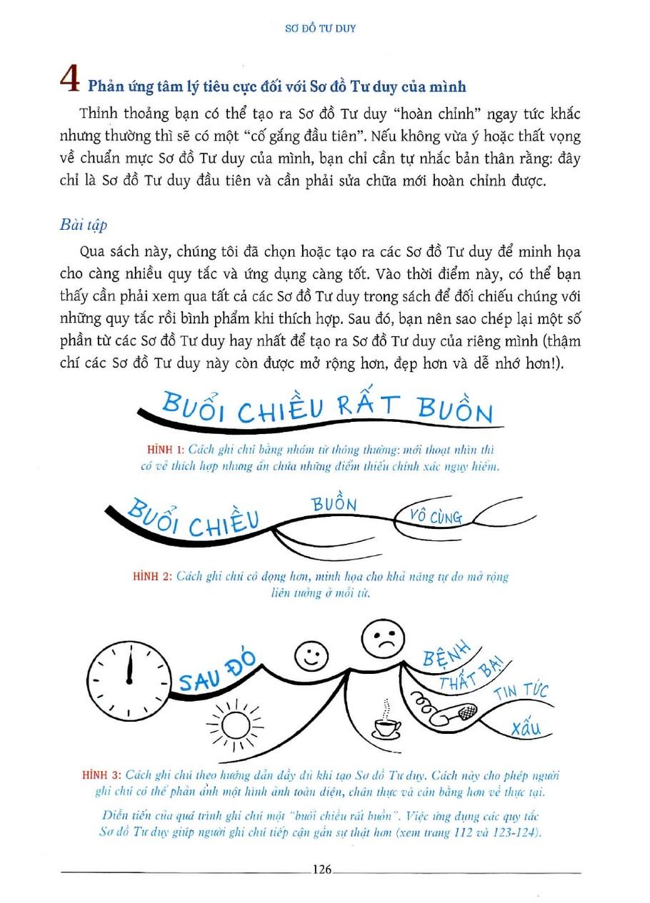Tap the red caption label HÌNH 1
(165, 449)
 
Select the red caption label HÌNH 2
(153, 576)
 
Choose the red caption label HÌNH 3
(103, 774)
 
